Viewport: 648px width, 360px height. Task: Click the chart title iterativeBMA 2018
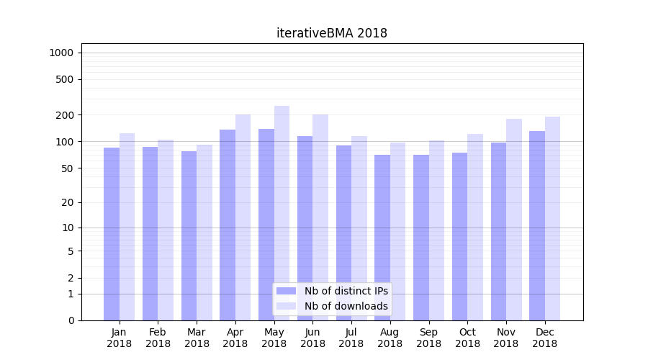coord(331,33)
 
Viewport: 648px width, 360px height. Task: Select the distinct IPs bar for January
coord(112,234)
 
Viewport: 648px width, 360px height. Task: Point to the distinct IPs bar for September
coord(421,238)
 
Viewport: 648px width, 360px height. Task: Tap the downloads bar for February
coord(166,230)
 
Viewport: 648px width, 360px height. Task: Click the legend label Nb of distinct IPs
coord(346,291)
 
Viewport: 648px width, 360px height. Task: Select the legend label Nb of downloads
coord(346,306)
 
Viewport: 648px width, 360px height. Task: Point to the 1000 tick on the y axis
coord(61,53)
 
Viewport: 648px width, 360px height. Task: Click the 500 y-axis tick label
coord(65,79)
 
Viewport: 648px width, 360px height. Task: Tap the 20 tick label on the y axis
coord(68,202)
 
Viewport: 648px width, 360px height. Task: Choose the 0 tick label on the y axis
coord(71,320)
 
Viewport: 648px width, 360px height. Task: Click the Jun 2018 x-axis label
coord(312,338)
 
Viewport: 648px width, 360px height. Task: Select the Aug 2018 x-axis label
coord(390,338)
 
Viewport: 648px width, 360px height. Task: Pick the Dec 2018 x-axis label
coord(545,338)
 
